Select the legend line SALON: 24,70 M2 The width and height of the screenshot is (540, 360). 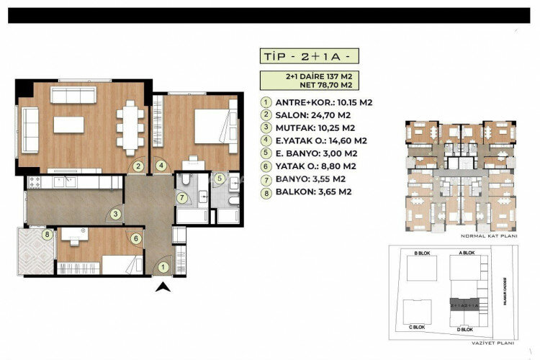click(306, 114)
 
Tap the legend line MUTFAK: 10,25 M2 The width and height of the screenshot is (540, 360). click(308, 127)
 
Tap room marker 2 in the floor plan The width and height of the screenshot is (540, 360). click(138, 166)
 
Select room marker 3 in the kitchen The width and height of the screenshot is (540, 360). click(115, 213)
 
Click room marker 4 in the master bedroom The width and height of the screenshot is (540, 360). click(161, 166)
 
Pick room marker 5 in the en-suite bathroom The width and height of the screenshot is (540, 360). click(219, 178)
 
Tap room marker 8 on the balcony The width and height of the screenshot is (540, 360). click(47, 234)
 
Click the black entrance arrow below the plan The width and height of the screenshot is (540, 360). click(164, 289)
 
